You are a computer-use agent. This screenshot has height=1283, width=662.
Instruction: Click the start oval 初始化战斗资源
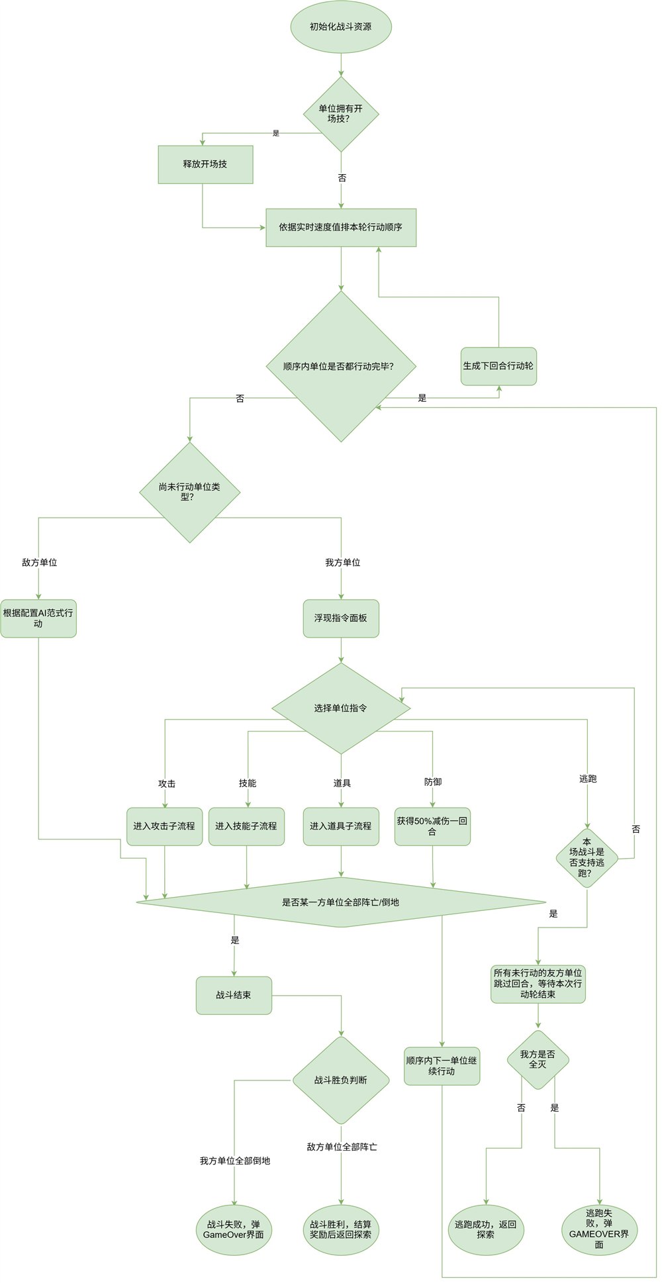[x=341, y=26]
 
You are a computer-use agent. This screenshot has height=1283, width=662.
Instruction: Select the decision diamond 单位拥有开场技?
[x=341, y=114]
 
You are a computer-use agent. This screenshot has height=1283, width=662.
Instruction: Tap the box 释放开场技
[x=205, y=164]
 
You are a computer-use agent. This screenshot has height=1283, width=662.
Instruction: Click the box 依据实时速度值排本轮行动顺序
[x=341, y=227]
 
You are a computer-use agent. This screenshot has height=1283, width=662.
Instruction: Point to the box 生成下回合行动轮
[x=498, y=366]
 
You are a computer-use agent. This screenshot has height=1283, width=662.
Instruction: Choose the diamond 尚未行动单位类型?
[x=189, y=492]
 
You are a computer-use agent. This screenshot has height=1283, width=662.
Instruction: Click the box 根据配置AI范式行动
[x=38, y=618]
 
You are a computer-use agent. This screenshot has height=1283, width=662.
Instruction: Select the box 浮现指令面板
[x=341, y=618]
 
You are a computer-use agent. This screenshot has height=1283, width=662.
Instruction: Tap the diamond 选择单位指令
[x=341, y=708]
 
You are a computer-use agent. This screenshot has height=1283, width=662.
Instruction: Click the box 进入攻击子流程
[x=164, y=826]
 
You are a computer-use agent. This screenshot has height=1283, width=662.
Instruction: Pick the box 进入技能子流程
[x=246, y=826]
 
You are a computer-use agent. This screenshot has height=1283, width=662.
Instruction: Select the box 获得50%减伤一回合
[x=432, y=826]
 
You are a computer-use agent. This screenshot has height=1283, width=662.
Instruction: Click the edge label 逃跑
[x=588, y=779]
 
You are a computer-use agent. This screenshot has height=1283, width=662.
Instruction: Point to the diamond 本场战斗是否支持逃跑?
[x=587, y=858]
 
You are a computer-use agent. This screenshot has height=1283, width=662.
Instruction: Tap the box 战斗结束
[x=234, y=995]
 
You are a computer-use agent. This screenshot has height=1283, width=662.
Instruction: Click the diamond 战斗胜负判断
[x=341, y=1080]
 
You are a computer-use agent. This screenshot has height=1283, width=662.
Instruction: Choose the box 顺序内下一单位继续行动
[x=442, y=1066]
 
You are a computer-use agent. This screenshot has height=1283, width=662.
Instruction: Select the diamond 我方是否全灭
[x=538, y=1059]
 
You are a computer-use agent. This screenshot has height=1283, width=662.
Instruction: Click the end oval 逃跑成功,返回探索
[x=486, y=1230]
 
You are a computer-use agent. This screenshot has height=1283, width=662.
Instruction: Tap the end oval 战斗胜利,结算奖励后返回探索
[x=341, y=1230]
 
